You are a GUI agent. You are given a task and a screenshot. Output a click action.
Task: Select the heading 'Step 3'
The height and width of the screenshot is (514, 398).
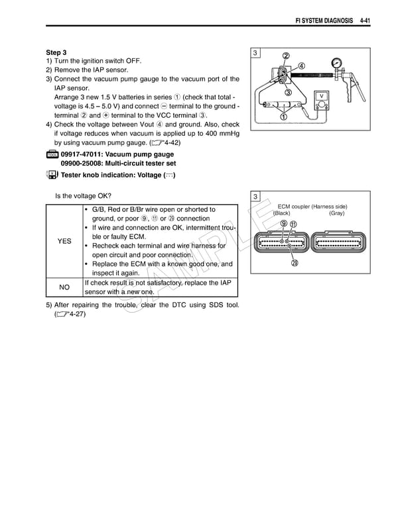pyautogui.click(x=56, y=52)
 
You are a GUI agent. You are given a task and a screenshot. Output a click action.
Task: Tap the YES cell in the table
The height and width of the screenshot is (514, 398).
pyautogui.click(x=64, y=242)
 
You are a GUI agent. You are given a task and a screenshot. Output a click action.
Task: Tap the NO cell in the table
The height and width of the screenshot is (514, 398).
pyautogui.click(x=64, y=287)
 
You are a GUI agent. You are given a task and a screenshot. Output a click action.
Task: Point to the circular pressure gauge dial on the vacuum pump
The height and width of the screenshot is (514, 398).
pyautogui.click(x=340, y=61)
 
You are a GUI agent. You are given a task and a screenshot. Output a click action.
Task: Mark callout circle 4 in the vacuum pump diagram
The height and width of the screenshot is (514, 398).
pyautogui.click(x=300, y=66)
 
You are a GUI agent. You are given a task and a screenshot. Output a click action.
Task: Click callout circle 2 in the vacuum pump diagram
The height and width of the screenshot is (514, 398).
pyautogui.click(x=286, y=56)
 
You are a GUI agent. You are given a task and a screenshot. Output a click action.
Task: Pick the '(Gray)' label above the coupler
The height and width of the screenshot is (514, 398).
pyautogui.click(x=336, y=213)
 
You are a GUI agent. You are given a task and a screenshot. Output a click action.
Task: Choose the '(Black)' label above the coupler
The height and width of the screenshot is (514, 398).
pyautogui.click(x=282, y=213)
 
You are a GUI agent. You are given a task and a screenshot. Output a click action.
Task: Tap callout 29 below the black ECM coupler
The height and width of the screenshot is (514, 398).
pyautogui.click(x=293, y=264)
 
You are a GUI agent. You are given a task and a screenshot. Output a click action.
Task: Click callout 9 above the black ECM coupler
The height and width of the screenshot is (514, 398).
pyautogui.click(x=283, y=223)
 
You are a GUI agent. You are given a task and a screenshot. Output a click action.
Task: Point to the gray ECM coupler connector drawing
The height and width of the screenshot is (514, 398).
pyautogui.click(x=338, y=242)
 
